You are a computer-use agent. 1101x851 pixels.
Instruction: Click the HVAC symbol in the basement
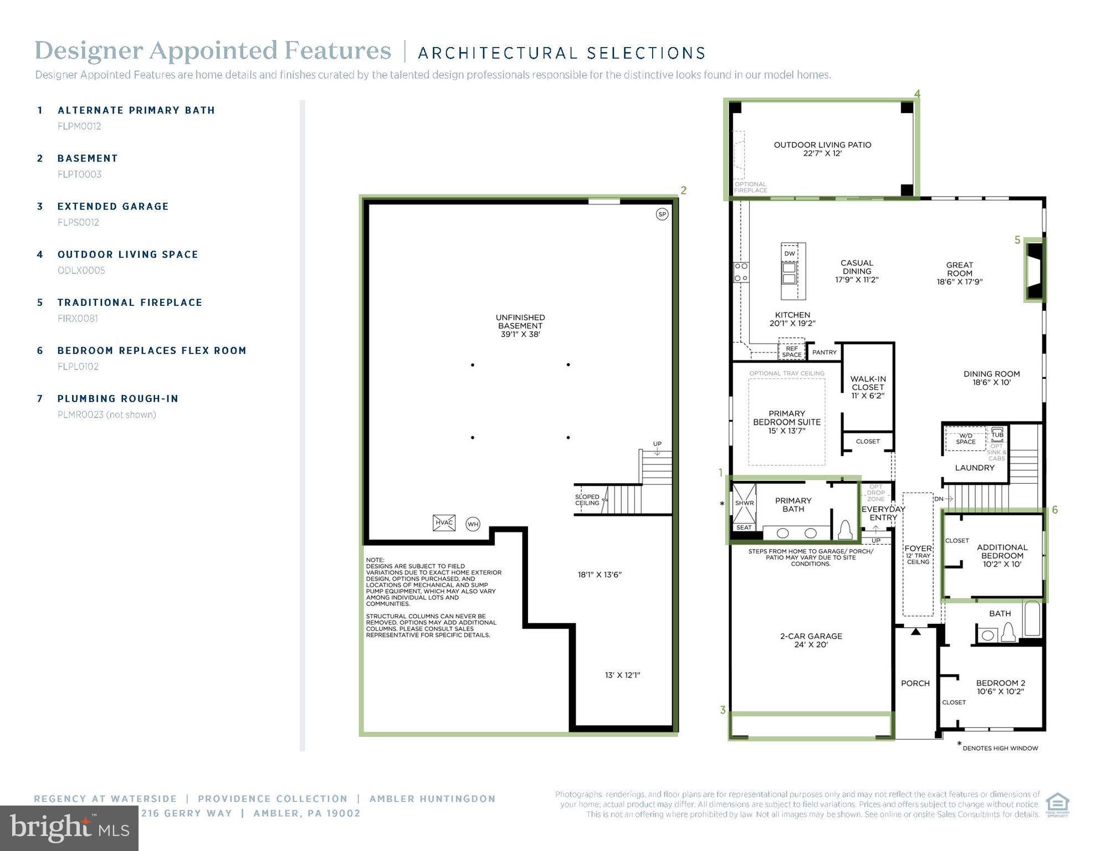[444, 522]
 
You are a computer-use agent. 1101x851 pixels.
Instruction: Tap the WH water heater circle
[473, 524]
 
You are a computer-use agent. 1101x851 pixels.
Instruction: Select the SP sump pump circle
[662, 214]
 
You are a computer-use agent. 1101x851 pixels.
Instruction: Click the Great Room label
[959, 273]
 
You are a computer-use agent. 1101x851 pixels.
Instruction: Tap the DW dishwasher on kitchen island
[790, 253]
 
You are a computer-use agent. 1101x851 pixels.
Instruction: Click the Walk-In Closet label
[868, 387]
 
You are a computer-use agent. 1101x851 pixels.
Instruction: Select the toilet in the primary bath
[845, 530]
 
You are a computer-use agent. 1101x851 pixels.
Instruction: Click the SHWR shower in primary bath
[744, 503]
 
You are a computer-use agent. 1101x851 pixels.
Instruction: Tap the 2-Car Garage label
[811, 640]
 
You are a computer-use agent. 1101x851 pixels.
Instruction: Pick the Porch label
[915, 683]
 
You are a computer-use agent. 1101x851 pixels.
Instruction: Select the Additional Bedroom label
[1002, 555]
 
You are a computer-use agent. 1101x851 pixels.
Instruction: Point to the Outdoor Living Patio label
[822, 148]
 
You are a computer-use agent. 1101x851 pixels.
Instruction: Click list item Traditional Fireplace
[130, 303]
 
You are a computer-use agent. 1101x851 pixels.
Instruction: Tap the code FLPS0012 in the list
[78, 222]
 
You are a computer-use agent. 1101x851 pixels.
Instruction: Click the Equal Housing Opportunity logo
[1057, 804]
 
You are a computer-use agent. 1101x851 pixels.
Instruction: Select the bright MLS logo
[69, 828]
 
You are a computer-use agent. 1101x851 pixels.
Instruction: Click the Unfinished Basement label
[520, 326]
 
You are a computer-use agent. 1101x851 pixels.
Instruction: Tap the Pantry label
[824, 352]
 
